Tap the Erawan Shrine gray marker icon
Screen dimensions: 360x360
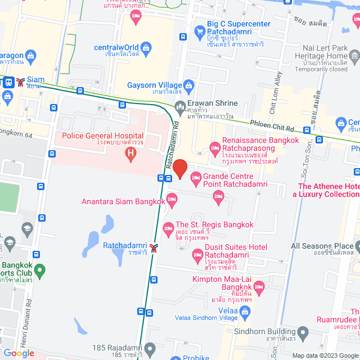click(180, 105)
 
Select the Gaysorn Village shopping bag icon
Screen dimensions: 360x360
click(189, 85)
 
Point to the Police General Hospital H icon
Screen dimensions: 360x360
click(131, 152)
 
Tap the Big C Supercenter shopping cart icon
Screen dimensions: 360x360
click(199, 31)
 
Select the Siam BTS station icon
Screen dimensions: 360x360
click(20, 82)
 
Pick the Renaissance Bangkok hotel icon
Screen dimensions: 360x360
click(214, 148)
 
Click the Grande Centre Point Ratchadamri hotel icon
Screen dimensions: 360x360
click(196, 179)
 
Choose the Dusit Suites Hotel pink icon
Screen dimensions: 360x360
click(197, 256)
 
